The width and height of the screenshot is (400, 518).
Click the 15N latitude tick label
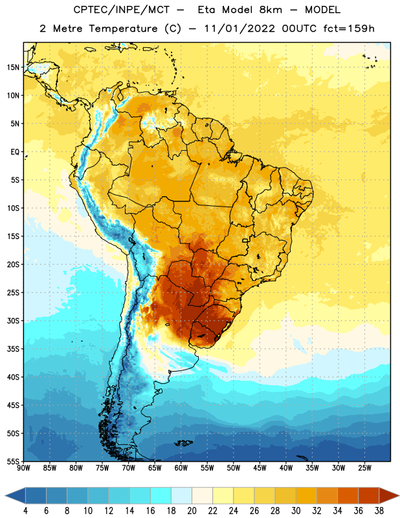point(13,67)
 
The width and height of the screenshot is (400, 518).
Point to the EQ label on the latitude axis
point(15,152)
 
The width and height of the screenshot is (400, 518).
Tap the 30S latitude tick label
point(13,321)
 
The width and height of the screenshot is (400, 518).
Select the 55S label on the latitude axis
point(13,461)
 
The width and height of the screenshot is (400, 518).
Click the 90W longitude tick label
point(23,467)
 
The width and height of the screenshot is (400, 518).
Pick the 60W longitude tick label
point(181,467)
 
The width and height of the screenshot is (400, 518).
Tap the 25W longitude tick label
point(364,467)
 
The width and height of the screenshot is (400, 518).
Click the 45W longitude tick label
point(260,467)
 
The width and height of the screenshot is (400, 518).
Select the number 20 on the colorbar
point(192,511)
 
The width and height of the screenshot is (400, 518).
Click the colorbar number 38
point(379,511)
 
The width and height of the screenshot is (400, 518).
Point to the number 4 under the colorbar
point(25,511)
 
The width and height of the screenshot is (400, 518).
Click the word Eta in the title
point(206,10)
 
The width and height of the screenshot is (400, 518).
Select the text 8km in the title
point(271,10)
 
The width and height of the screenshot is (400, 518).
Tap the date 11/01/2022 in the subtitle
point(239,28)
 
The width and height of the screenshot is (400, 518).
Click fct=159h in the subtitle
point(349,28)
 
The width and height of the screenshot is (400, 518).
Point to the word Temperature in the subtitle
point(123,28)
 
